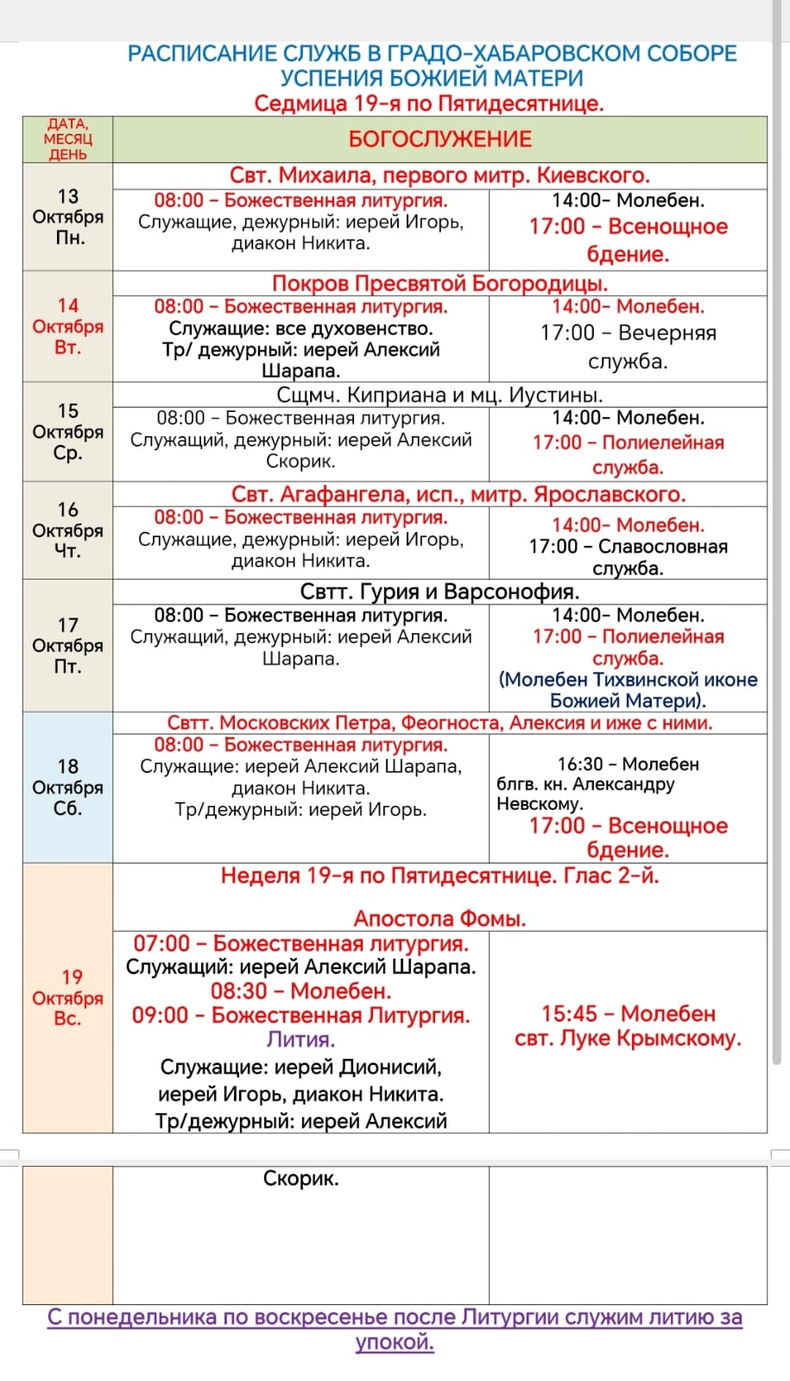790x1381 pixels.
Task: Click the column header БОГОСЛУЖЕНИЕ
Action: (x=439, y=139)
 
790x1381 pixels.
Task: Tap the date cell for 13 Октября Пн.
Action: (x=67, y=217)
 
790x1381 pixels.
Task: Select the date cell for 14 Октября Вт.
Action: (x=67, y=326)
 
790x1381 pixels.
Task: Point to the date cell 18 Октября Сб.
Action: (x=67, y=787)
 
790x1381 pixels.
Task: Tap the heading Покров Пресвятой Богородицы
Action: (x=439, y=283)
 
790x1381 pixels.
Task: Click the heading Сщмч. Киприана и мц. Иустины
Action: (x=439, y=395)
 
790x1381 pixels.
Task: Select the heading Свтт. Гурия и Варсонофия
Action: (x=439, y=592)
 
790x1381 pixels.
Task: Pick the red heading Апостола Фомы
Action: (x=439, y=918)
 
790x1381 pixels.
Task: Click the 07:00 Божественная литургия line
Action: (x=300, y=943)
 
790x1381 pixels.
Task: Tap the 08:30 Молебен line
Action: (x=300, y=991)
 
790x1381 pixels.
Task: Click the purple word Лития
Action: (x=300, y=1039)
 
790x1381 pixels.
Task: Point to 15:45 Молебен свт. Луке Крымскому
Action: (x=628, y=1025)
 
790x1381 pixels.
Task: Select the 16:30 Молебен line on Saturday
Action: (x=628, y=764)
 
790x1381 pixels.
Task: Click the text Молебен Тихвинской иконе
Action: (x=628, y=680)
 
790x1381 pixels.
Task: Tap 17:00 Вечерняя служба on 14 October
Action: (x=628, y=345)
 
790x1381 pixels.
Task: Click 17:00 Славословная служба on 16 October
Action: (x=628, y=557)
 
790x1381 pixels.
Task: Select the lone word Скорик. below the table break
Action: (x=300, y=1178)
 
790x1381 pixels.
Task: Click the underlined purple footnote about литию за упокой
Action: (x=395, y=1329)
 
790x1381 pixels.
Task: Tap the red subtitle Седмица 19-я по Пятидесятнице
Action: (x=429, y=104)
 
